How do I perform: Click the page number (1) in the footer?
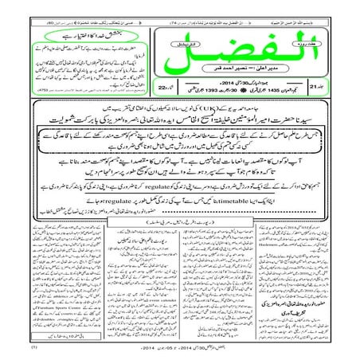tap(12, 348)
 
